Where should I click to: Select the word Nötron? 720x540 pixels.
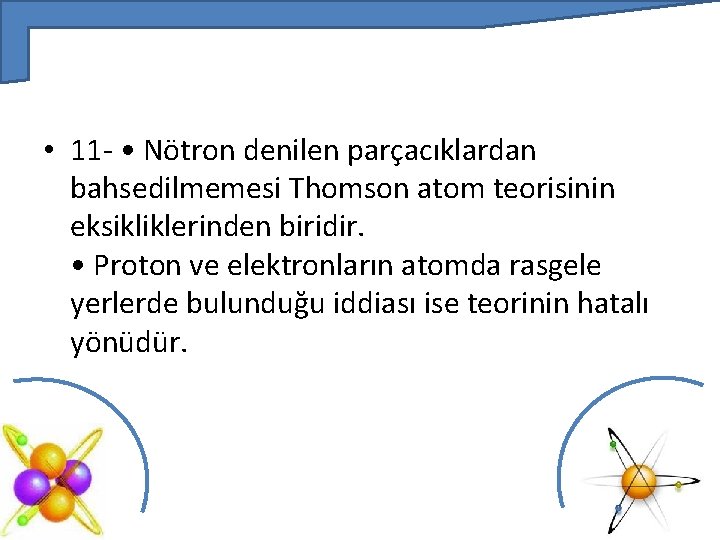[x=184, y=151]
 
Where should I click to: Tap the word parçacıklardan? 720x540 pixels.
[x=442, y=151]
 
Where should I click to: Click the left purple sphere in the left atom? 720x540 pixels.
[x=31, y=487]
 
